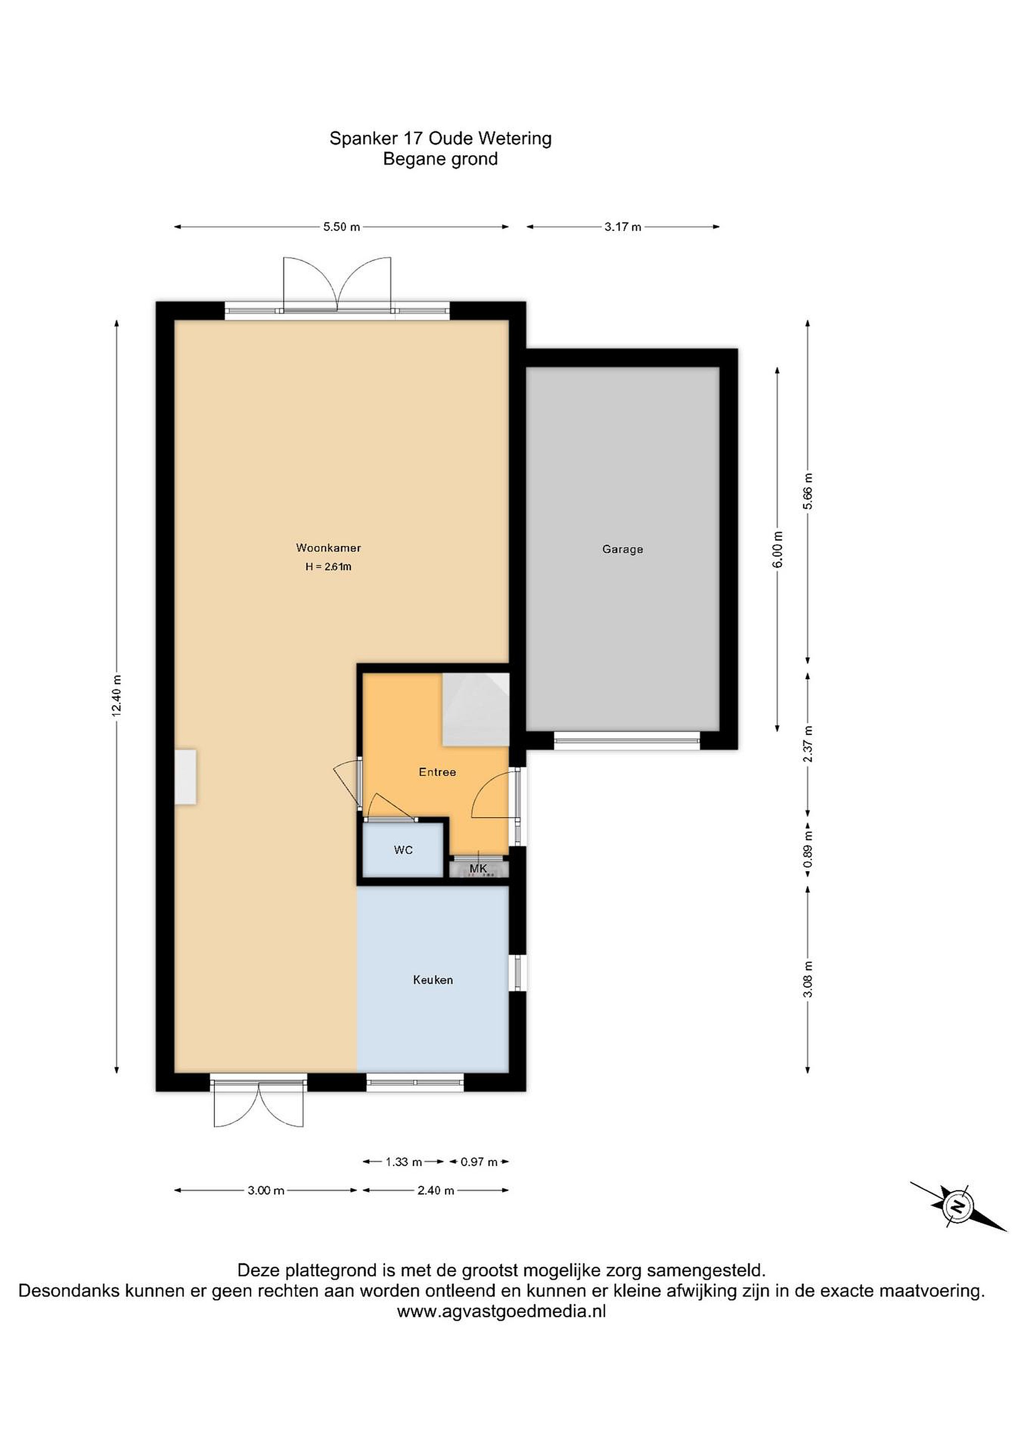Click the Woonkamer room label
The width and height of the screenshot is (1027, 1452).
[328, 549]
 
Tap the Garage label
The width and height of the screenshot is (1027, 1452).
[622, 550]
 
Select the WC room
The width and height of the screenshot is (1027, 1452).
[403, 850]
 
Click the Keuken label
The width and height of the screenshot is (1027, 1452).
[433, 980]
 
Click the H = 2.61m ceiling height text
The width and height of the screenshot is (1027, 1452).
[328, 567]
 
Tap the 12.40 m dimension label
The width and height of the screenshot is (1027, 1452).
[116, 696]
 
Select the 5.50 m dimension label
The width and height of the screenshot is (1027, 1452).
[341, 227]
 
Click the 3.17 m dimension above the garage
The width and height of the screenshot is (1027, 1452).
[623, 227]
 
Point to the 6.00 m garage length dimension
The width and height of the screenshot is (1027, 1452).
[778, 549]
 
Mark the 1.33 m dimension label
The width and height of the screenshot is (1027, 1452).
[403, 1162]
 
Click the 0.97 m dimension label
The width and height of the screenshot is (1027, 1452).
[479, 1162]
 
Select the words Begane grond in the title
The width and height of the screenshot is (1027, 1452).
[440, 159]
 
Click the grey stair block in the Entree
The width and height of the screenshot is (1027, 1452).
[475, 709]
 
